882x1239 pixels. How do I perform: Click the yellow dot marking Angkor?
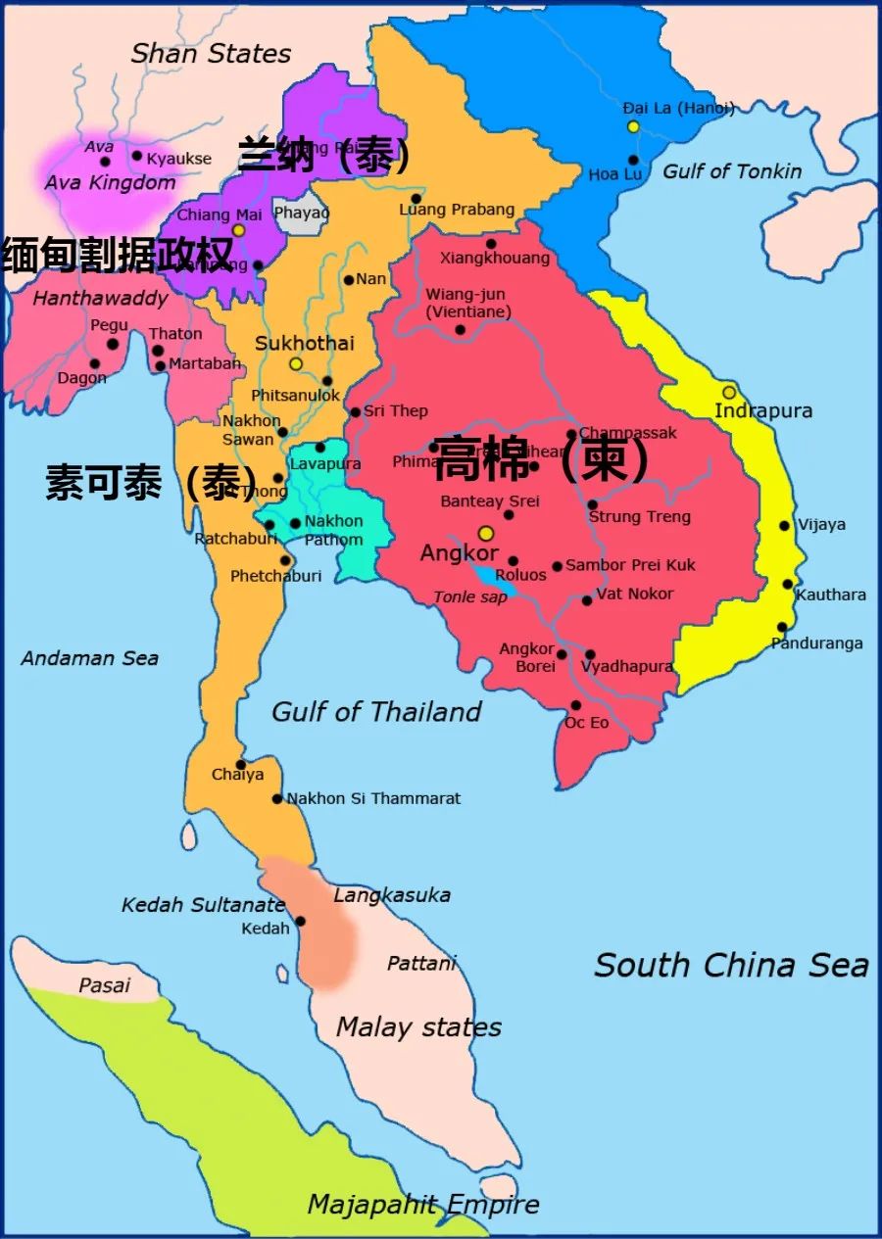coord(485,533)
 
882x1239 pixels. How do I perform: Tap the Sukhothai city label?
coord(304,344)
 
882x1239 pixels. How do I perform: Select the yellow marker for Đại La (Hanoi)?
coord(633,126)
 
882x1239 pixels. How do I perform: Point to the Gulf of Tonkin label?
coord(732,171)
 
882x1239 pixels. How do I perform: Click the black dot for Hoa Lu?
coord(633,160)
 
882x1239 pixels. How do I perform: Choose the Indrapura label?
coord(763,410)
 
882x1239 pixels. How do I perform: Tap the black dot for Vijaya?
coord(784,526)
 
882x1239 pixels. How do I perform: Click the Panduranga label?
coord(816,643)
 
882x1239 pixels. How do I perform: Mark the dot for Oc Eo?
coord(575,705)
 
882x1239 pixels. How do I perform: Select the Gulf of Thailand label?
coord(376,712)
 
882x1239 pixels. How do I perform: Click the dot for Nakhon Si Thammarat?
coord(277,799)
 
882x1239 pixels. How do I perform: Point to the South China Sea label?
coord(731,965)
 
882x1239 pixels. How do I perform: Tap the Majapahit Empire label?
coord(423,1204)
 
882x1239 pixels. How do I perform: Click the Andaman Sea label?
coord(90,658)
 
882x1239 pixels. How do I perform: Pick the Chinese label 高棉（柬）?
coord(541,460)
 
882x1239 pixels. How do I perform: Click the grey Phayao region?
coord(299,214)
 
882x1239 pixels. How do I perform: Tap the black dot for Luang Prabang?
coord(416,198)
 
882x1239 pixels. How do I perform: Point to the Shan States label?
coord(211,53)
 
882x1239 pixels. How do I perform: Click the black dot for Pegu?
coord(112,344)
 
